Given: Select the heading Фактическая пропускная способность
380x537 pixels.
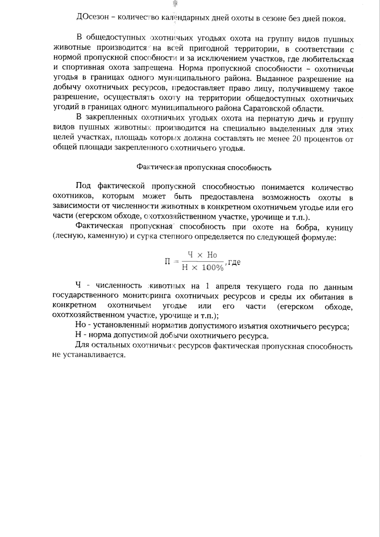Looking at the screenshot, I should pyautogui.click(x=204, y=168).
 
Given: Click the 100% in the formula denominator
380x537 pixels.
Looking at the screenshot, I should pyautogui.click(x=213, y=268).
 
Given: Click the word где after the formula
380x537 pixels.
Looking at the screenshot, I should pyautogui.click(x=234, y=262).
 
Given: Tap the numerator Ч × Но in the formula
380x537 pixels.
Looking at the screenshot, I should pyautogui.click(x=202, y=255).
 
